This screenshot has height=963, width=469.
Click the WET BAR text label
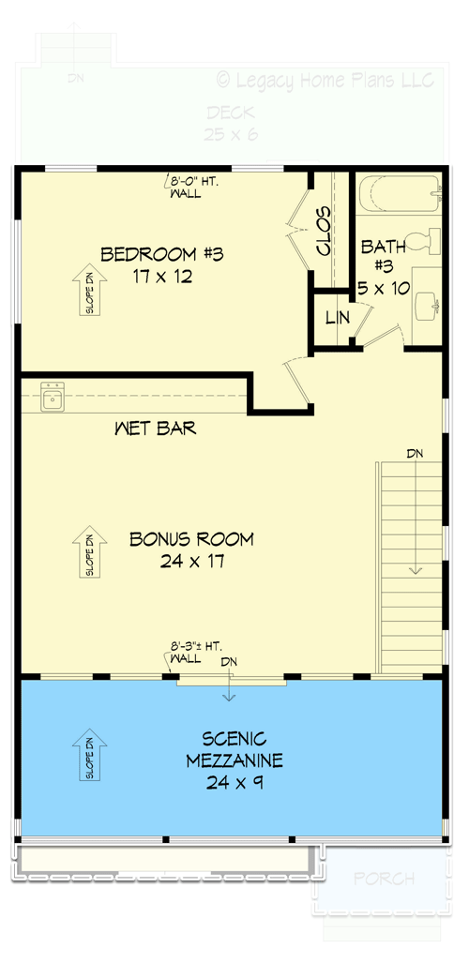[155, 429]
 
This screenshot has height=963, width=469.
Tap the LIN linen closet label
[337, 318]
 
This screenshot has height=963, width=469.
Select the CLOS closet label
[325, 232]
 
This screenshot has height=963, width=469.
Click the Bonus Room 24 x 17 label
[191, 549]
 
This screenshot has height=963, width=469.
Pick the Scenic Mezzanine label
[234, 759]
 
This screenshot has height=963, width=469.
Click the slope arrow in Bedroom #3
[90, 290]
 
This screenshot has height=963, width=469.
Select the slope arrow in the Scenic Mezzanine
[90, 756]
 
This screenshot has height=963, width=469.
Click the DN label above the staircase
[415, 454]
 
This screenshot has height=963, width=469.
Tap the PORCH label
[385, 879]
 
